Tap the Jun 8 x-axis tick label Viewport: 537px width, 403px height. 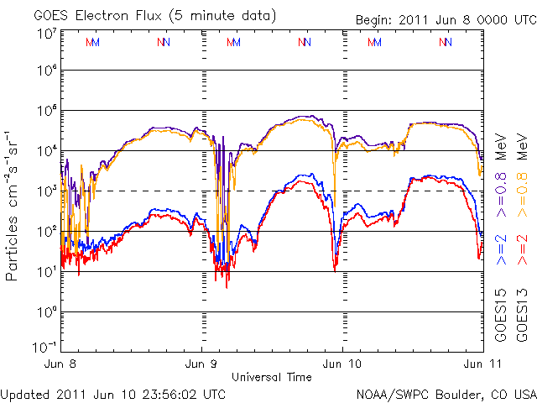click(x=62, y=364)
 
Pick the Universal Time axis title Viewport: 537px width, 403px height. click(x=271, y=377)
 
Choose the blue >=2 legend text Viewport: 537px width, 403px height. click(x=502, y=250)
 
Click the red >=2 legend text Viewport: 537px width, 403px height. click(x=523, y=250)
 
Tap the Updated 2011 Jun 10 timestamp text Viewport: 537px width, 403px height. click(x=113, y=393)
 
